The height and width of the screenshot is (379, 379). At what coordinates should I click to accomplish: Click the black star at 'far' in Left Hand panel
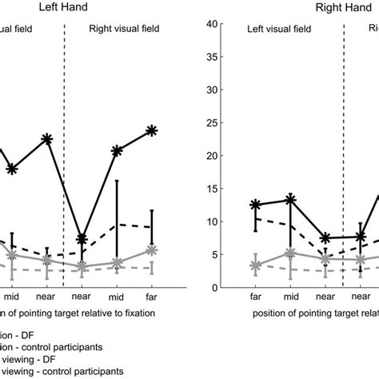pos(152,130)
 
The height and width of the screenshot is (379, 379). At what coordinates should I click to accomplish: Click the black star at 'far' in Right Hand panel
pos(255,205)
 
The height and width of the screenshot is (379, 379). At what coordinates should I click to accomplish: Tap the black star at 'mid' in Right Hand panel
pos(290,199)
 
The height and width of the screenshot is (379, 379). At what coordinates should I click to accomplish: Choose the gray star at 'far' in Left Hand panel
pos(152,251)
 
